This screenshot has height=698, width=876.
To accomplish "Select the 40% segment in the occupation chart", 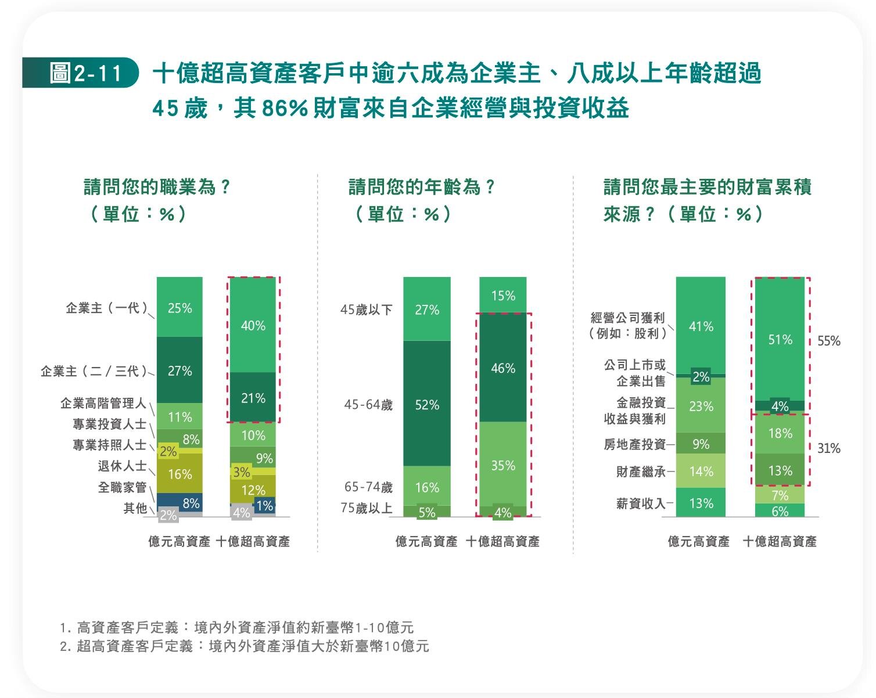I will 253,325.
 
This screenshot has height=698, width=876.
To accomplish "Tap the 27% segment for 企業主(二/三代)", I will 179,370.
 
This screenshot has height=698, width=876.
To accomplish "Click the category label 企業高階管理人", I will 103,403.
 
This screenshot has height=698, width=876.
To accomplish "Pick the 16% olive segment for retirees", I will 179,474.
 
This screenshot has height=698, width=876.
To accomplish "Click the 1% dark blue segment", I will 265,505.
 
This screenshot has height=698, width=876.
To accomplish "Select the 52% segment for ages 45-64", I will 427,404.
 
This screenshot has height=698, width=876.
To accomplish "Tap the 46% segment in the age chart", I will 502,368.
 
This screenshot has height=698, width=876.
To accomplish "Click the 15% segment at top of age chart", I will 502,296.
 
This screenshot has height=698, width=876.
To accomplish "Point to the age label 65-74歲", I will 368,487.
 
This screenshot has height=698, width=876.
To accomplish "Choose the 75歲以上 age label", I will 367,509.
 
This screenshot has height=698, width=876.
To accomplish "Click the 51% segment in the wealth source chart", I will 780,339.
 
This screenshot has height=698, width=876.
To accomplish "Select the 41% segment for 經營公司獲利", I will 701,326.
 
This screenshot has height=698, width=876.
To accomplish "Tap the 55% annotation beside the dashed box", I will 829,341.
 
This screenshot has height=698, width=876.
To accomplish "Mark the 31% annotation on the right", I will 829,448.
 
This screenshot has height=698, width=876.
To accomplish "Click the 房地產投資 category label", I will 634,444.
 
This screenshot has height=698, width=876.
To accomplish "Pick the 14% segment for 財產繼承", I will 701,471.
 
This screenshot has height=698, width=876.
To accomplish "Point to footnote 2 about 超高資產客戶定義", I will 244,646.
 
